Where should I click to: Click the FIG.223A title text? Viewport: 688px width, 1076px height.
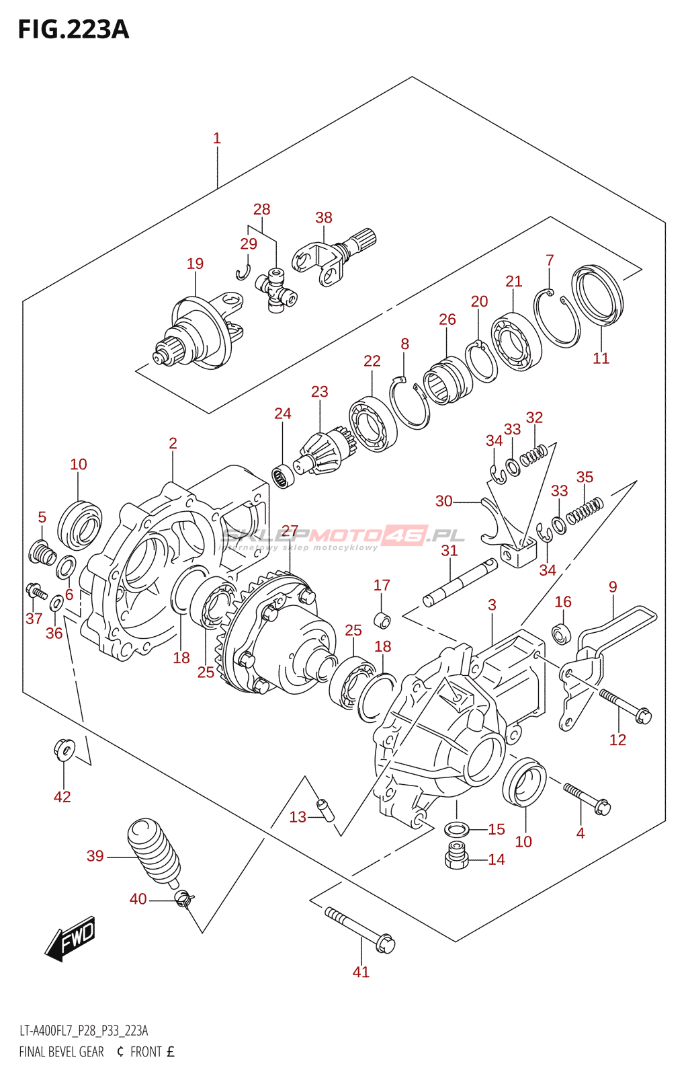(73, 30)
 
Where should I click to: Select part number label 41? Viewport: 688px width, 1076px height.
(361, 972)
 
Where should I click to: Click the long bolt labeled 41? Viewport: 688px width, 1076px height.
(360, 929)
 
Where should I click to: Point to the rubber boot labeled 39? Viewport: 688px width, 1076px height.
(154, 849)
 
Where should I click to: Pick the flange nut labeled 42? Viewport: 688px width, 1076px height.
(63, 748)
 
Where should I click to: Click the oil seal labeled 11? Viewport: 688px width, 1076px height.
(597, 295)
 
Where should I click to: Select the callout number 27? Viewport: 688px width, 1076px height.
(290, 531)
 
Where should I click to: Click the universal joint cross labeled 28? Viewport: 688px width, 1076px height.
(276, 291)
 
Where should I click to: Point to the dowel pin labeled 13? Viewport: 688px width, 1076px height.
(326, 809)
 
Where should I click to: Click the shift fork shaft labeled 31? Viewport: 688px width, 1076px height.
(460, 582)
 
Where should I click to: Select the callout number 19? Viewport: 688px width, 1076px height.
(195, 264)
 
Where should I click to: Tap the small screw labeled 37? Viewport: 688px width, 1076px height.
(34, 591)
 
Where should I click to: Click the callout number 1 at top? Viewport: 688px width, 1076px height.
(217, 139)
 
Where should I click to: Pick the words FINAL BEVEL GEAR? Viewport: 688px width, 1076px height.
(61, 1052)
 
